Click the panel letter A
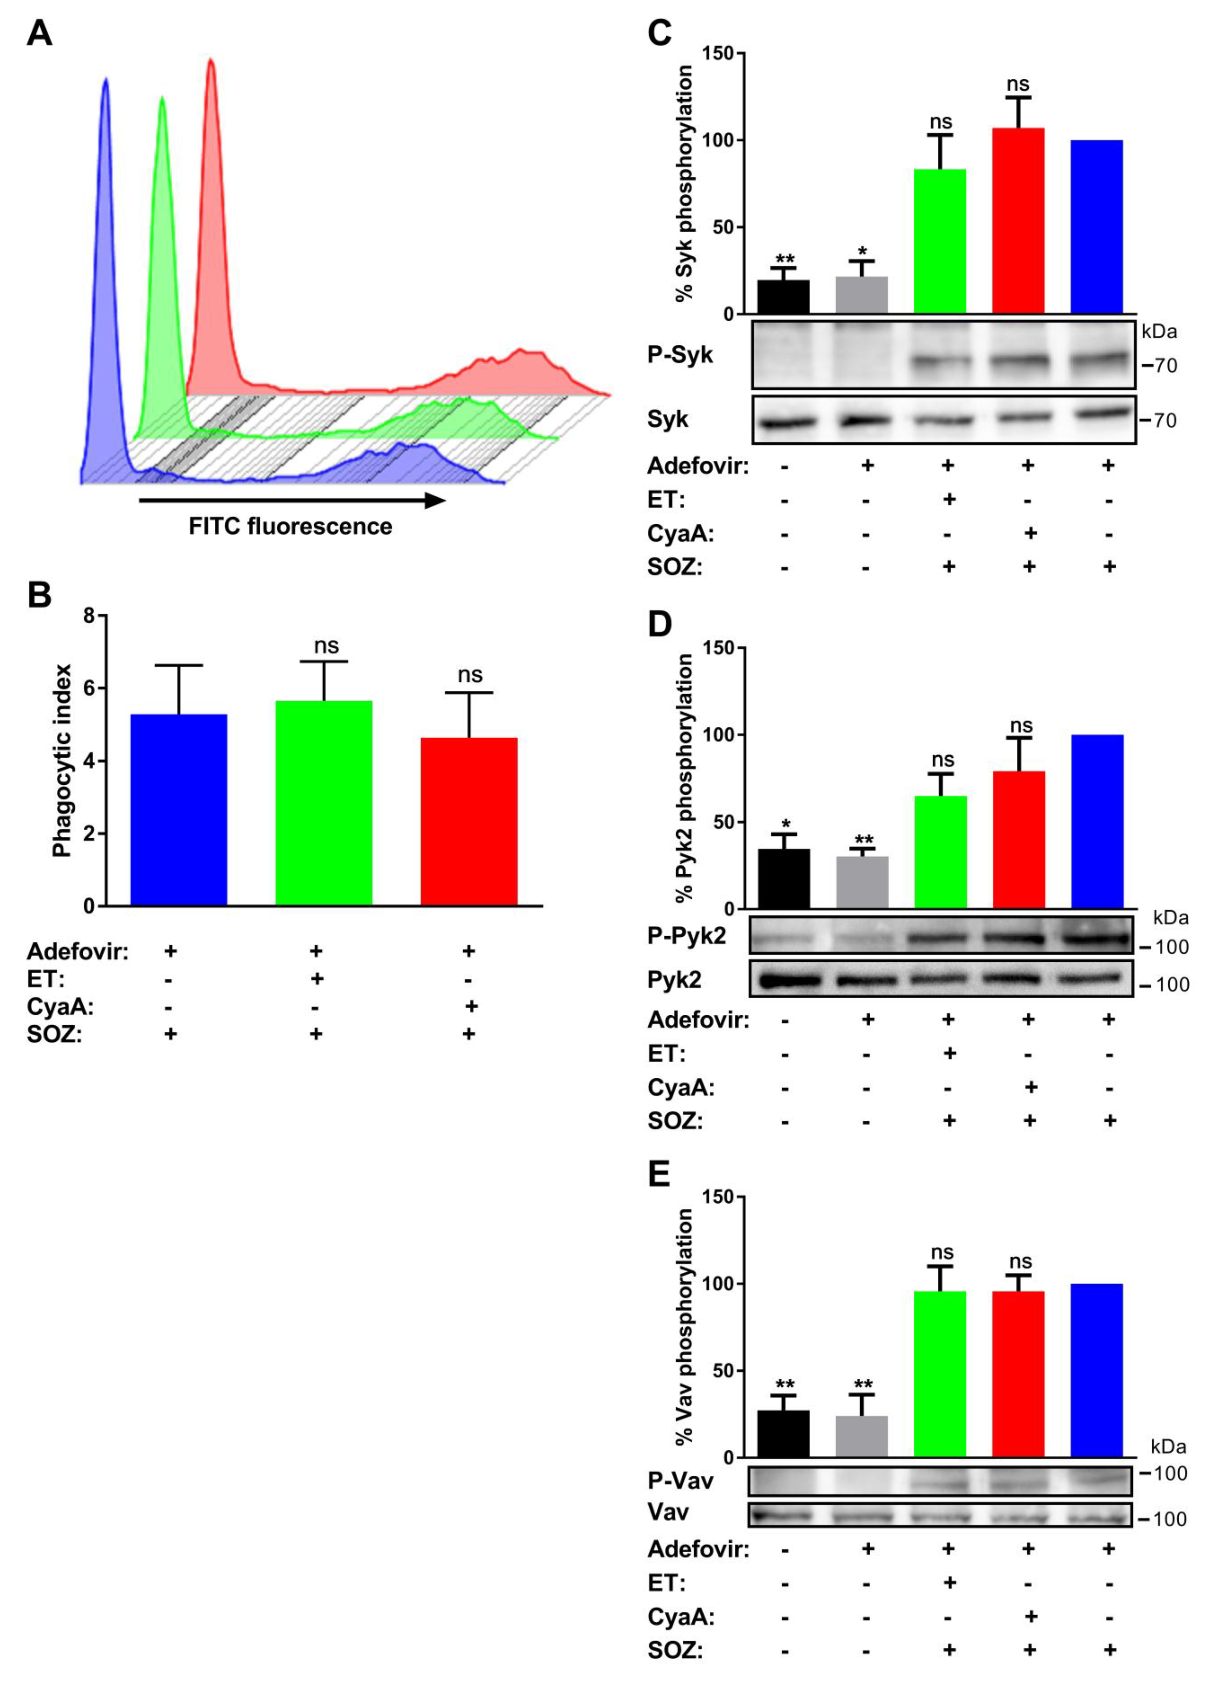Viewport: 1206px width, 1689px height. tap(39, 33)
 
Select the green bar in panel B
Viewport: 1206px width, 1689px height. tap(324, 802)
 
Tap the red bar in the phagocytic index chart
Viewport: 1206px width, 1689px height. tap(469, 821)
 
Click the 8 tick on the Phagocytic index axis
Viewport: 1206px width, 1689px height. tap(90, 616)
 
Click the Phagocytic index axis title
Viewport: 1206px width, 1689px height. tap(62, 760)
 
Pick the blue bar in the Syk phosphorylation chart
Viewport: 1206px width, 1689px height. tap(1096, 226)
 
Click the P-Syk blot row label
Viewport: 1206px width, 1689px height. tap(679, 355)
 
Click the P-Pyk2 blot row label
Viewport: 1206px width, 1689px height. tap(686, 936)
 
